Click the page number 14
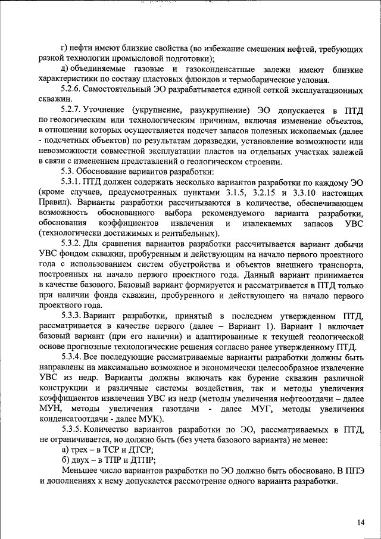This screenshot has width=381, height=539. (361, 522)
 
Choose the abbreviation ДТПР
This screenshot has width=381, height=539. (142, 461)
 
